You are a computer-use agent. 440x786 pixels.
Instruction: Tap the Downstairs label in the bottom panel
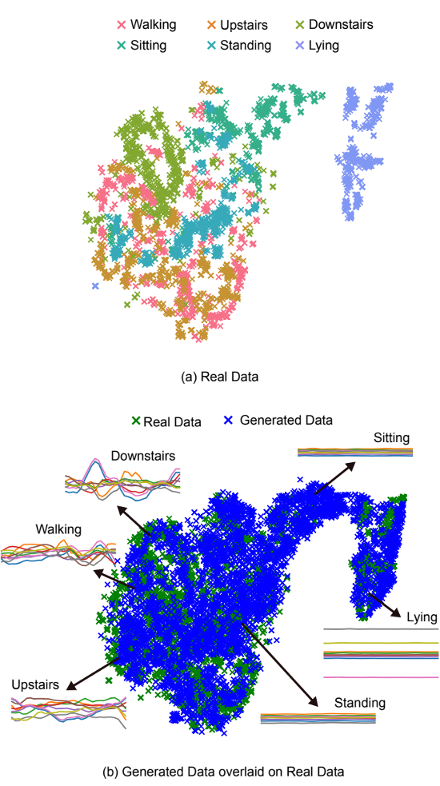[x=143, y=457]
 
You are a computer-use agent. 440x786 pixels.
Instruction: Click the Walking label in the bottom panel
[x=58, y=529]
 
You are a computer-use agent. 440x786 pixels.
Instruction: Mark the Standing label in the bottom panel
[x=360, y=703]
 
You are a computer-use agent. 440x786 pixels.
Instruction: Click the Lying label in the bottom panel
[x=422, y=617]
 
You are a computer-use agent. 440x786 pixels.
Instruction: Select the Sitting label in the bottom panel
[x=391, y=437]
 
